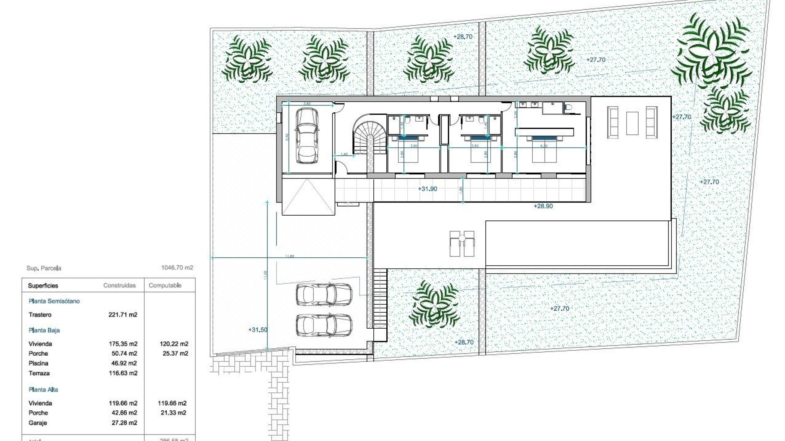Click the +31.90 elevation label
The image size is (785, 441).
(x=427, y=189)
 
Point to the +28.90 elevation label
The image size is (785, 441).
(x=543, y=206)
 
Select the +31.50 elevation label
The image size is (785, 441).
(x=258, y=330)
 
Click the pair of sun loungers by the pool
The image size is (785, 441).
(x=462, y=244)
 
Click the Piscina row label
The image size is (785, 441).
(x=38, y=363)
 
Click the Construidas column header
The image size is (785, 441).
(x=119, y=286)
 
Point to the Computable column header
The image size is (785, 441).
(x=165, y=286)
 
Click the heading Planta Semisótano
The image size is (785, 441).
(x=54, y=301)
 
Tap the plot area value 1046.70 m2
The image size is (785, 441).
(x=177, y=268)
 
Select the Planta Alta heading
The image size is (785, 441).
(x=43, y=390)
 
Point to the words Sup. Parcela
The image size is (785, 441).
(x=44, y=268)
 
